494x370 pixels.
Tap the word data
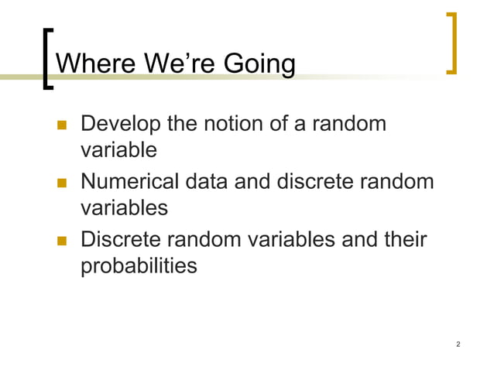[x=207, y=183]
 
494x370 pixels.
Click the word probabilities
[x=139, y=266]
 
